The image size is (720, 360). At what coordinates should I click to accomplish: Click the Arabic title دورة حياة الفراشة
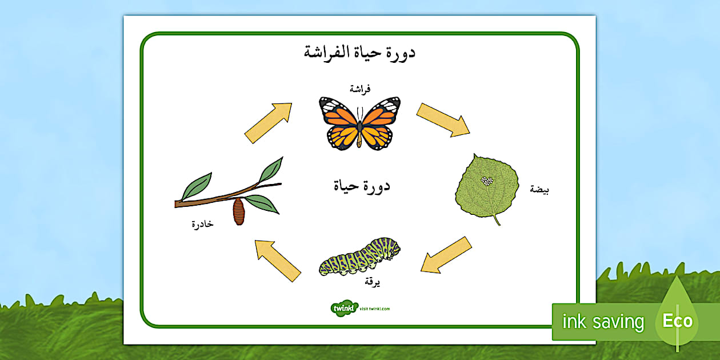tap(359, 53)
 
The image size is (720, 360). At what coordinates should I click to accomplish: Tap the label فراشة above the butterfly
tap(360, 89)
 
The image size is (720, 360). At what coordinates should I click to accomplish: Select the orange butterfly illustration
tap(359, 123)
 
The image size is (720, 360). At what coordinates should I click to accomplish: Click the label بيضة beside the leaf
tap(539, 190)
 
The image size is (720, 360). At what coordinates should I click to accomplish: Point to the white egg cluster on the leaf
tap(487, 181)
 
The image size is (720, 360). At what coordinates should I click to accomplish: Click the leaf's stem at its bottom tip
tap(499, 225)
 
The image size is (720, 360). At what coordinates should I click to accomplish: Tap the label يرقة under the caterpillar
tap(372, 282)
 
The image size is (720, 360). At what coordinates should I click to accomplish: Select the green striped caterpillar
tap(359, 257)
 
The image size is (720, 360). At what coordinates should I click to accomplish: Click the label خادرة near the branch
tap(202, 224)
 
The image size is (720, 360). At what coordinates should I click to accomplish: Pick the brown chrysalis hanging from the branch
tap(238, 211)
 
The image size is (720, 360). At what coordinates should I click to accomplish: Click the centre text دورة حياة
tap(362, 186)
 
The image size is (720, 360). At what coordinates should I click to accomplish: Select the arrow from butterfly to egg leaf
tap(443, 120)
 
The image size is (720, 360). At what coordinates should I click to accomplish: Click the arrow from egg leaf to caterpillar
tap(446, 255)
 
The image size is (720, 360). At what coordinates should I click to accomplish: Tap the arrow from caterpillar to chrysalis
tap(278, 261)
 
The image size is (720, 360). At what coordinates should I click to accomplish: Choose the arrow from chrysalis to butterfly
tap(269, 123)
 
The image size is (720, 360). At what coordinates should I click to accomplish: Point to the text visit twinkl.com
tap(375, 309)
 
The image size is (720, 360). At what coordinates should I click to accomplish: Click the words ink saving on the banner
tap(603, 322)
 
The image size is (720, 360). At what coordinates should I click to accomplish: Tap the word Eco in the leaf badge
tap(678, 321)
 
